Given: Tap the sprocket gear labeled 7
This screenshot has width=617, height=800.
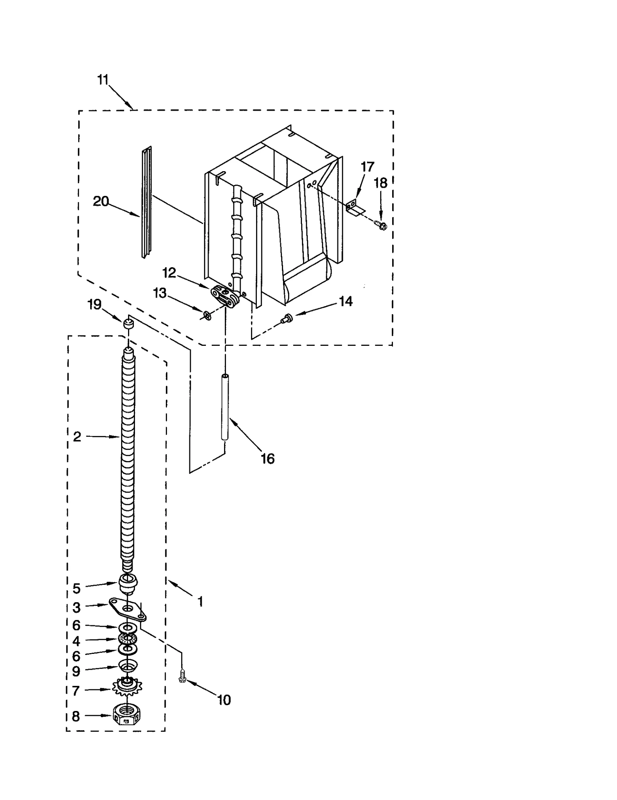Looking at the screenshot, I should [127, 687].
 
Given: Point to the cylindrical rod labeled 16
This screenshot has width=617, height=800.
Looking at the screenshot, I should [225, 407].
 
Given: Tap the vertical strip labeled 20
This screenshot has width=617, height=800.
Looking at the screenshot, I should [147, 202].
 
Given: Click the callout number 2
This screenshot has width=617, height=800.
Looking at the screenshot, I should [77, 436].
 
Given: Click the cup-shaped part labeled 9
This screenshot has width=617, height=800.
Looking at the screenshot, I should [128, 665].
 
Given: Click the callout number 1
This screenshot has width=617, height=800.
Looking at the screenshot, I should [200, 602].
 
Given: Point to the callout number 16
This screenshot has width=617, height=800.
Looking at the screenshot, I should [267, 459].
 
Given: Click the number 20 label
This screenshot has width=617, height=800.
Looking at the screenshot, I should [101, 201].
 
